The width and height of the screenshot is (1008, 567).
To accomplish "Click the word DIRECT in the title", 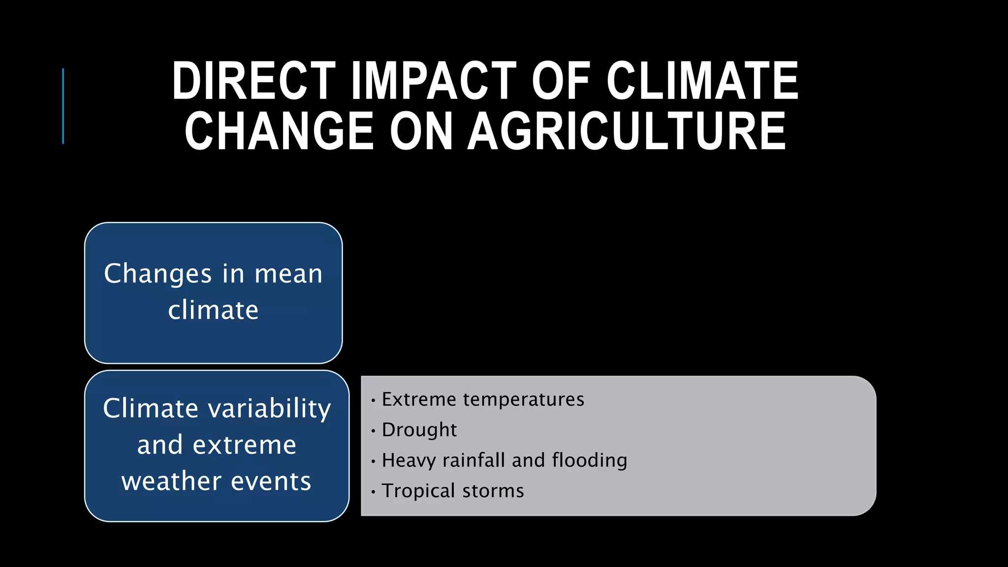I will point(253,81).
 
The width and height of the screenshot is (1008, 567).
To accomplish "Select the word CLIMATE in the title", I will point(702,81).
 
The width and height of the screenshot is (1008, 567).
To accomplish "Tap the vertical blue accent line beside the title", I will point(63,106).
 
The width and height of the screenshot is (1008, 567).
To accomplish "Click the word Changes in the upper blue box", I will point(157,274).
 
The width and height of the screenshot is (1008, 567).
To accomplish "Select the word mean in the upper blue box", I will point(288,274).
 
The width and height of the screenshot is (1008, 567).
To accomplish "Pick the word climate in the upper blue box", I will point(213,310).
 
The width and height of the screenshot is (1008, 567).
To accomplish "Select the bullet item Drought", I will point(419,430).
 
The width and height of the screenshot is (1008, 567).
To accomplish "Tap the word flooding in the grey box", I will point(590,461).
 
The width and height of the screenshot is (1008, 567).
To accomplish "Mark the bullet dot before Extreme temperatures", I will point(374,401).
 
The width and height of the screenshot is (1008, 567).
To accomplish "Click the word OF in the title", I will point(561,81).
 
